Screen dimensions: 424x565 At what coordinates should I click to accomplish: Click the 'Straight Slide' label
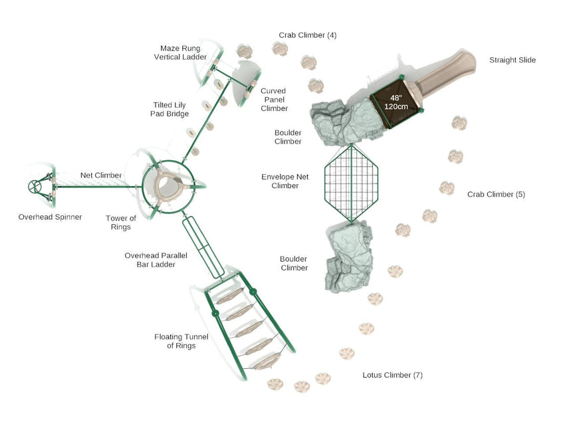512,60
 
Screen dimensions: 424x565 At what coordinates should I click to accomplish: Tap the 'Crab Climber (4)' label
307,35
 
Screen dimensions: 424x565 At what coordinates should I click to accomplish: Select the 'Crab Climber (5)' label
496,195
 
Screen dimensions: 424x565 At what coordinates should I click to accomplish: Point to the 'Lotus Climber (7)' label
392,375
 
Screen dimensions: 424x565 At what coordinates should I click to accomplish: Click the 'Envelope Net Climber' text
284,181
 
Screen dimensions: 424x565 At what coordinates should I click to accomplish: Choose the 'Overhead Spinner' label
50,217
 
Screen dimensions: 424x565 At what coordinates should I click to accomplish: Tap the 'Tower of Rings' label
121,223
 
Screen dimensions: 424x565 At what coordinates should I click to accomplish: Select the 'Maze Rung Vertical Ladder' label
181,53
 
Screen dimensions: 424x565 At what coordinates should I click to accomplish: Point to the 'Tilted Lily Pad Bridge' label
169,110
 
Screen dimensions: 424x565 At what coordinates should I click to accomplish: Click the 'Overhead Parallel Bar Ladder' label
150,260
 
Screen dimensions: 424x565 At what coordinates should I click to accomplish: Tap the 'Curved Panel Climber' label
274,100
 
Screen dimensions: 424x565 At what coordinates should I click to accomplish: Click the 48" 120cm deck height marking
395,102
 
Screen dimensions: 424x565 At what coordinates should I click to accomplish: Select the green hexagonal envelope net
350,183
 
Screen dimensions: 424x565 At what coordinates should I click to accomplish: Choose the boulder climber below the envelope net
349,256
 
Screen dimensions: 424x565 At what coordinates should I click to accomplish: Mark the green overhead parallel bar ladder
200,247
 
